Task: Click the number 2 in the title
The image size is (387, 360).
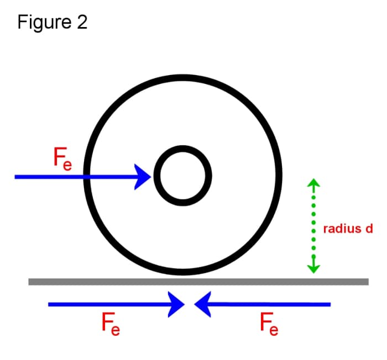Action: coord(81,23)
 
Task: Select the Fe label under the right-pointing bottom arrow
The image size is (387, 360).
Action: coord(111,325)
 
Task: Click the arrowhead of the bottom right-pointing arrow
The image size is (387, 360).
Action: coord(177,304)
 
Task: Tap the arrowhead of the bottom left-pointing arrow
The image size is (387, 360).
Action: coord(202,304)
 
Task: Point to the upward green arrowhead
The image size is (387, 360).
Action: coord(313,183)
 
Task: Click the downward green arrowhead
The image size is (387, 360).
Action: coord(313,268)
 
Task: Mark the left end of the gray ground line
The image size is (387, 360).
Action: coord(30,282)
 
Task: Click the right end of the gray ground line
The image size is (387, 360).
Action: coord(367,282)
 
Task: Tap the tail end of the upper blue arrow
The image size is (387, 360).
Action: coord(16,177)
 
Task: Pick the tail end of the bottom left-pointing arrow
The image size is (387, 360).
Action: coord(330,304)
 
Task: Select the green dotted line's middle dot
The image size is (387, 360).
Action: coord(313,226)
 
